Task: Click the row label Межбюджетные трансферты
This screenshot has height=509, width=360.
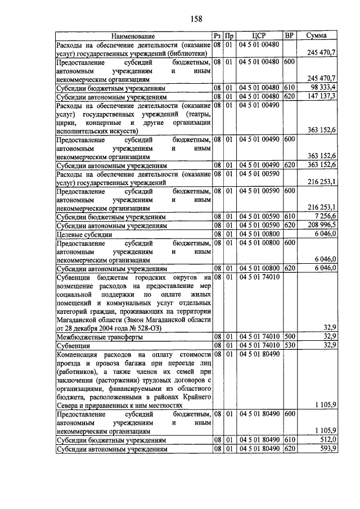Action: [x=98, y=336]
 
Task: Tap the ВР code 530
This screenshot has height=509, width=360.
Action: [x=289, y=345]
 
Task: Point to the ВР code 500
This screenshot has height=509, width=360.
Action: [x=289, y=336]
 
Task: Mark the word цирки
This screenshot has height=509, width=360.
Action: [x=65, y=122]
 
